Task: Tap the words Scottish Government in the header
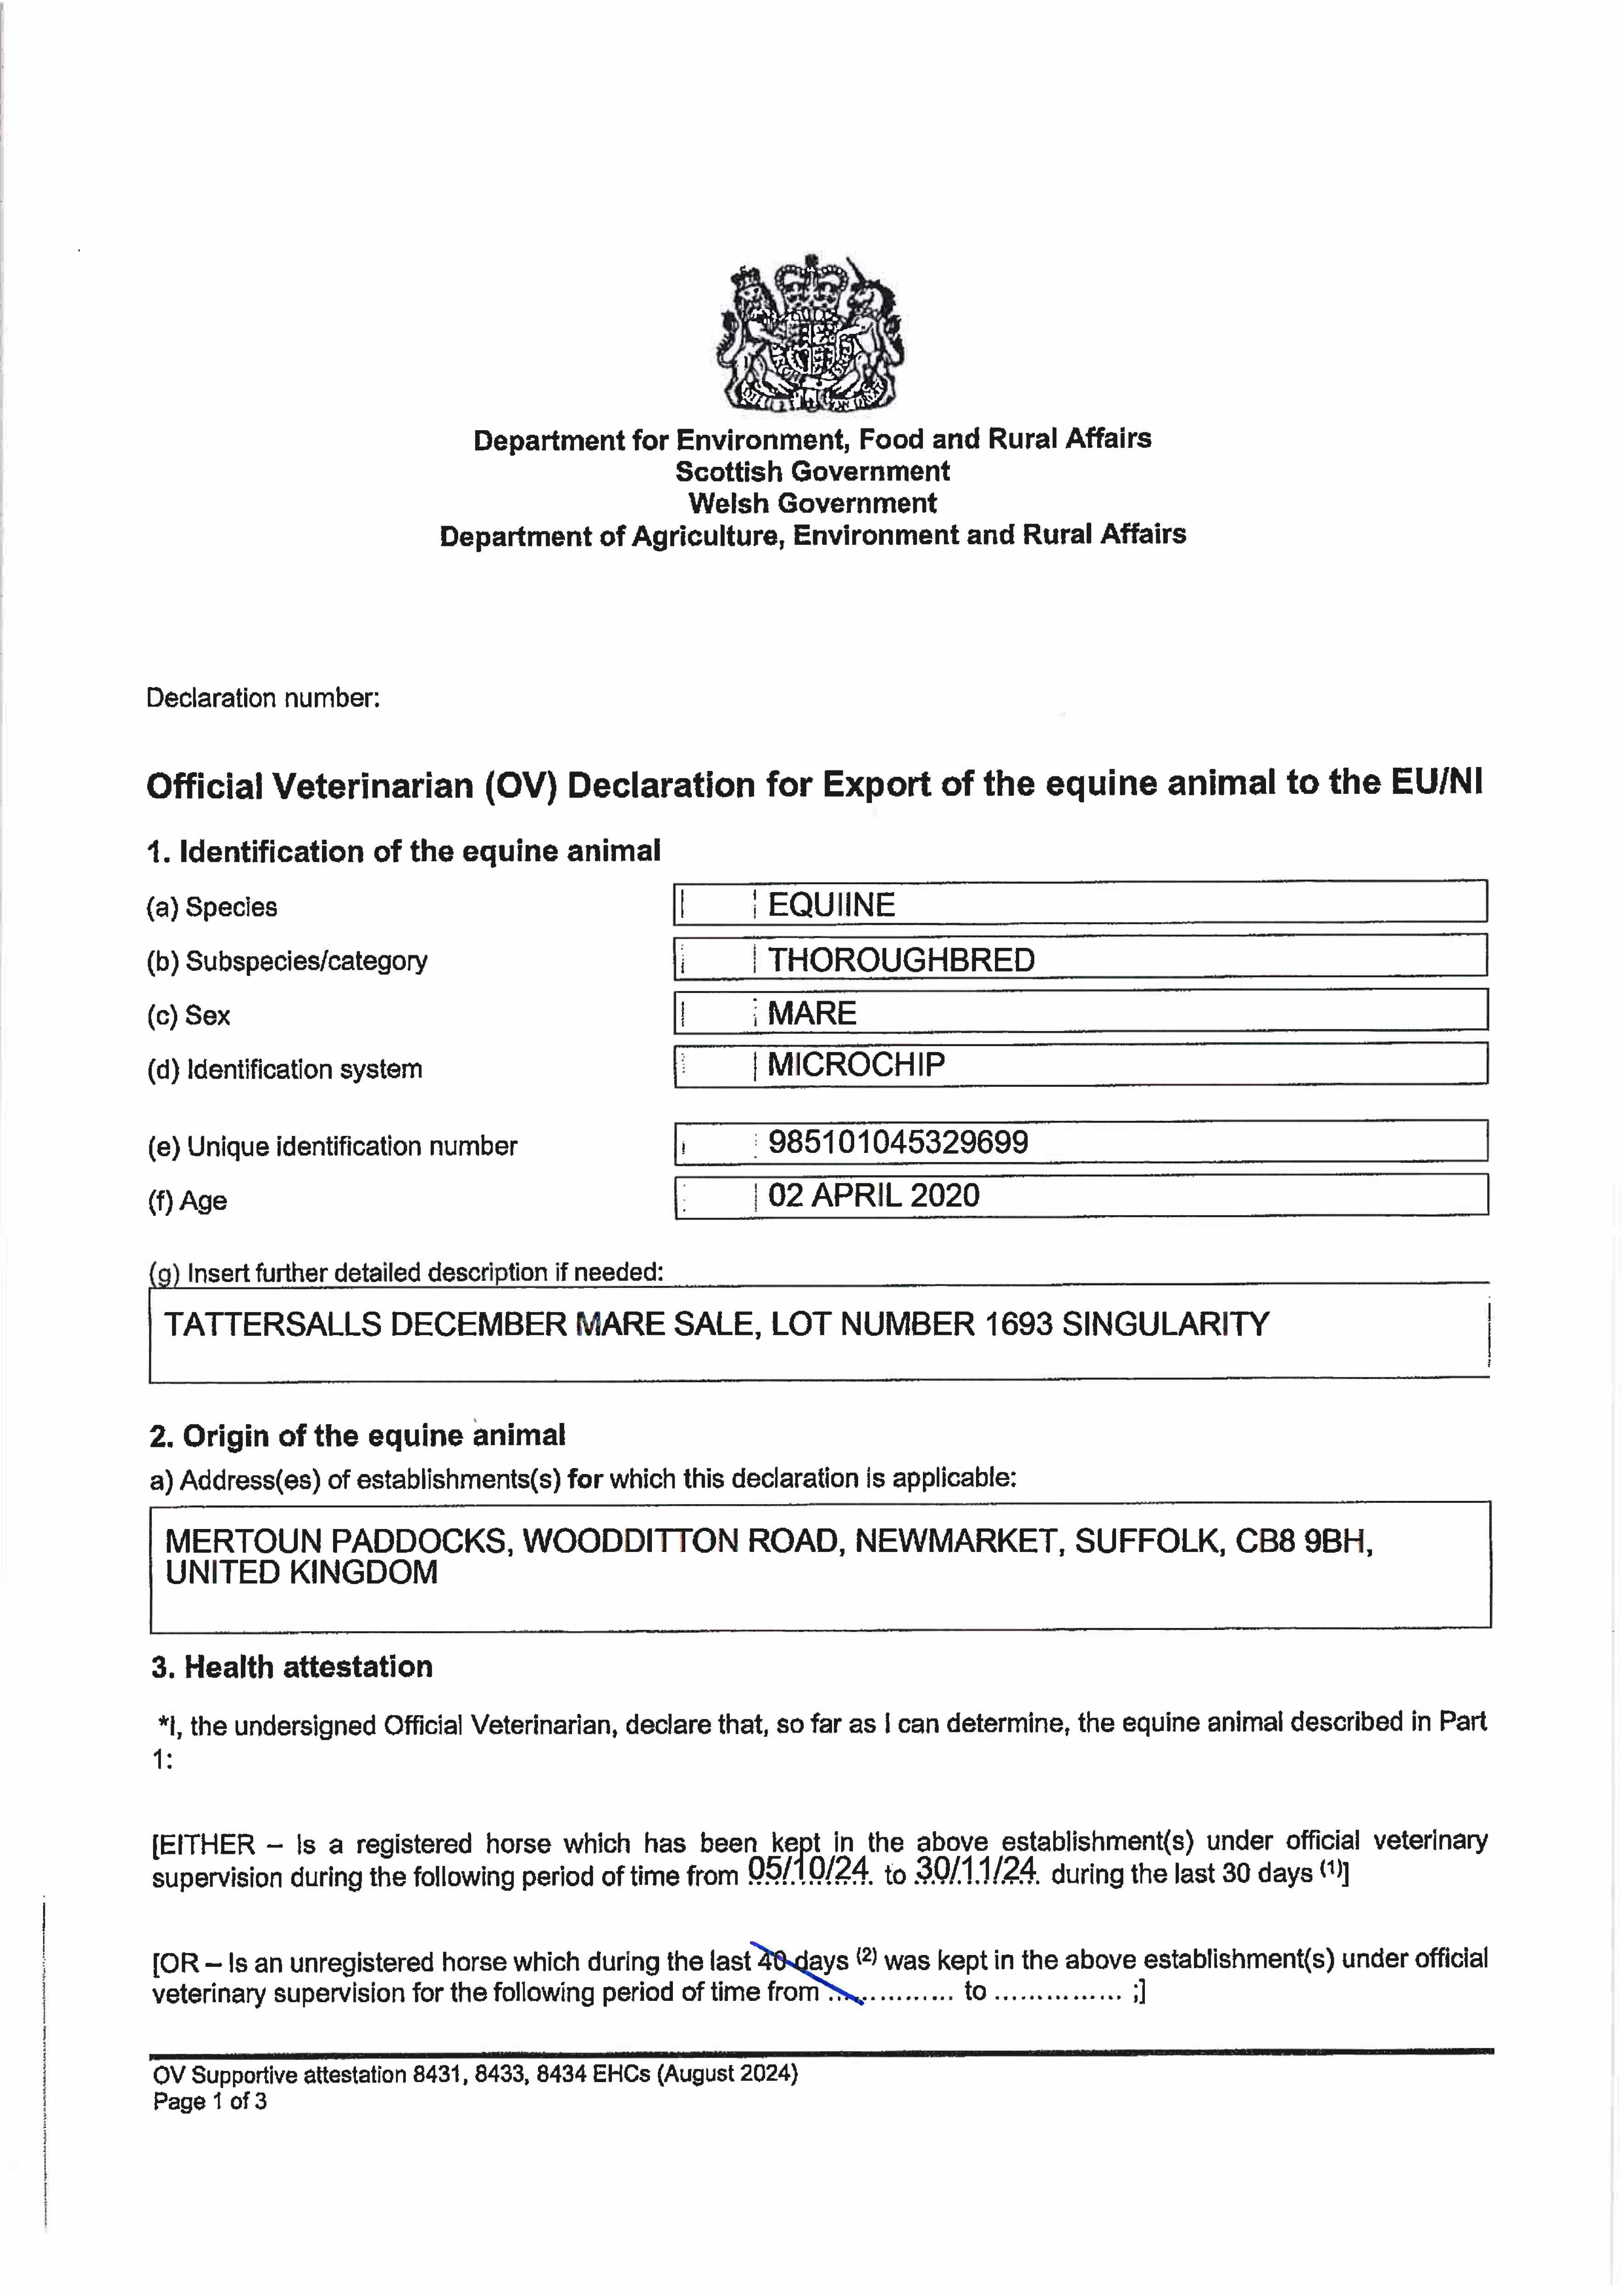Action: [812, 471]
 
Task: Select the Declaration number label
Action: [263, 698]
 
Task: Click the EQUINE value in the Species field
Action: [831, 905]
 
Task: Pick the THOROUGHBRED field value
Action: [901, 960]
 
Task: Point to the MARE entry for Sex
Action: [812, 1014]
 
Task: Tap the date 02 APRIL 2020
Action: [874, 1196]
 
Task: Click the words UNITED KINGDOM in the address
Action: [302, 1573]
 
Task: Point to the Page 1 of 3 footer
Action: [210, 2101]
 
